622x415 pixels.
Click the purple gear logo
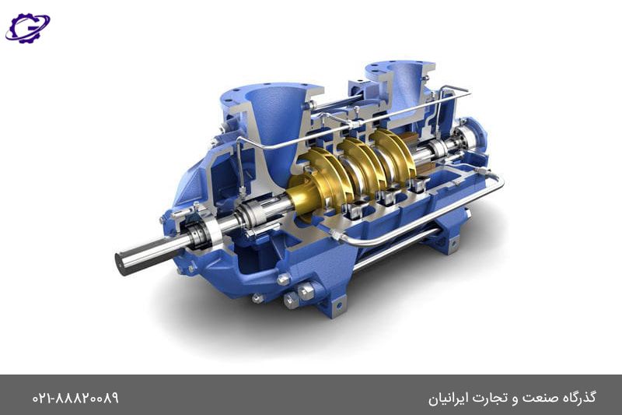click(27, 28)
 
